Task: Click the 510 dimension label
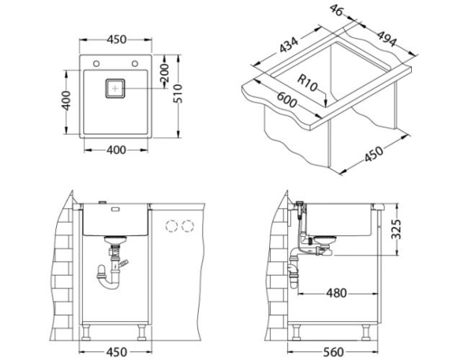point(178,94)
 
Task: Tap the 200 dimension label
point(165,73)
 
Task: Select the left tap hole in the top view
point(96,64)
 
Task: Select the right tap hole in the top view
point(135,64)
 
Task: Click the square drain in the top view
point(115,88)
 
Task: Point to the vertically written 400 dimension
point(66,101)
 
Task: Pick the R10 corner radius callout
point(307,83)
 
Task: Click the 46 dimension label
point(336,11)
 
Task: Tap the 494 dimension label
point(387,39)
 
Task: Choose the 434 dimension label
point(289,44)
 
